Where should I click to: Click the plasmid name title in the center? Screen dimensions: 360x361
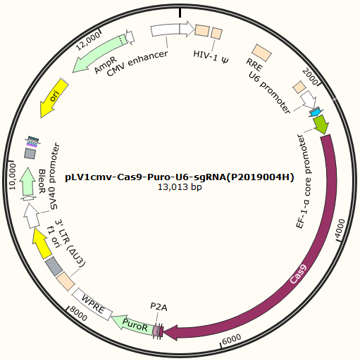tap(180, 177)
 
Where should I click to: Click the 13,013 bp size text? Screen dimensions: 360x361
tap(180, 187)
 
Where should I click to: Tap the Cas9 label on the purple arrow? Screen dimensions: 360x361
tap(299, 274)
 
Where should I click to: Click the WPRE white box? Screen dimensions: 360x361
tap(92, 304)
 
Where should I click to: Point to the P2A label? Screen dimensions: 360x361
tap(159, 307)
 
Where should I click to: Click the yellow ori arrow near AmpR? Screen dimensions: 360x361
tap(54, 98)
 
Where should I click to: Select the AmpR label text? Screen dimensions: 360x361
tap(106, 65)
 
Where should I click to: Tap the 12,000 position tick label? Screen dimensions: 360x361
tap(88, 42)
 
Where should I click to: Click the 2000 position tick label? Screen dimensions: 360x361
tap(310, 77)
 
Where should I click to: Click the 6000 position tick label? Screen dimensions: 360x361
tap(232, 339)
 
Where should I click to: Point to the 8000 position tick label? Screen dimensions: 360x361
tap(79, 314)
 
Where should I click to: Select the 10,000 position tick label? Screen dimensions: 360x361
tap(12, 177)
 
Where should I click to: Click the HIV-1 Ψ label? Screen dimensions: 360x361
tap(211, 57)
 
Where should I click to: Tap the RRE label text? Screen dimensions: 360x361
tap(254, 65)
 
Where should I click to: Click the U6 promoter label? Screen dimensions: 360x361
tap(270, 93)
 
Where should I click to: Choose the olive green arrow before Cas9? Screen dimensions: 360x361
tap(321, 125)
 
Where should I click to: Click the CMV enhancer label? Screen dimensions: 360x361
tap(137, 63)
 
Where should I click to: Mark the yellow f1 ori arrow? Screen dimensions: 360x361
tap(42, 243)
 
